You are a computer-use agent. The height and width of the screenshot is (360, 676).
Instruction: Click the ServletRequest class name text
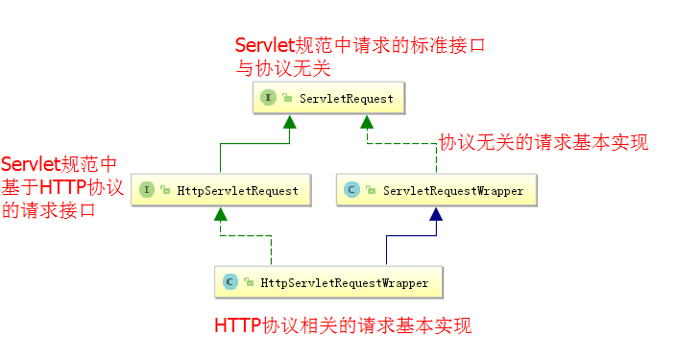pyautogui.click(x=347, y=99)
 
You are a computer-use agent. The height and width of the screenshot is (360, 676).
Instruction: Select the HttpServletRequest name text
pyautogui.click(x=237, y=191)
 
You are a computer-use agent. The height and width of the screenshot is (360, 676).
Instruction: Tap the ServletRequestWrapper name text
pyautogui.click(x=453, y=191)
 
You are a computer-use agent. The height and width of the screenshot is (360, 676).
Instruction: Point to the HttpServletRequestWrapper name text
pyautogui.click(x=345, y=283)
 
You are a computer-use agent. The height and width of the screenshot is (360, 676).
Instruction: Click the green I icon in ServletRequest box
pyautogui.click(x=268, y=97)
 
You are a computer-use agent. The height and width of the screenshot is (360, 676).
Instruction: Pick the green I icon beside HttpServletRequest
pyautogui.click(x=147, y=190)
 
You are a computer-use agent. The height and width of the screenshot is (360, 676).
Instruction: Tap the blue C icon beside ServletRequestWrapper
pyautogui.click(x=351, y=190)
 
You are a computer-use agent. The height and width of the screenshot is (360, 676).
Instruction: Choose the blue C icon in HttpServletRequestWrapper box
pyautogui.click(x=230, y=282)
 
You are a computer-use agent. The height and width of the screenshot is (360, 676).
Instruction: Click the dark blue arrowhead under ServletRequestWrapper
pyautogui.click(x=436, y=214)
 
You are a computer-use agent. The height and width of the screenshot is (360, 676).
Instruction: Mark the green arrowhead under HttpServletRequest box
pyautogui.click(x=220, y=214)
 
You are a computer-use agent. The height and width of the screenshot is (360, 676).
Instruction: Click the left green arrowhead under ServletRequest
pyautogui.click(x=290, y=122)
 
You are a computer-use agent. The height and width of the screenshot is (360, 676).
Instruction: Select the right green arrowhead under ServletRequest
pyautogui.click(x=367, y=122)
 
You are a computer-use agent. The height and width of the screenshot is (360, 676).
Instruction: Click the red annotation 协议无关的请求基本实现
pyautogui.click(x=543, y=142)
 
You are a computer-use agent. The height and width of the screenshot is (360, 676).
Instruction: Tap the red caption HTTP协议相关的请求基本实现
pyautogui.click(x=343, y=325)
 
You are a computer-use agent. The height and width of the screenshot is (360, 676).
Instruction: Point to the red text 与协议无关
pyautogui.click(x=283, y=68)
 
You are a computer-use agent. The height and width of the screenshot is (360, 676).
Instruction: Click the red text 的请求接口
pyautogui.click(x=48, y=211)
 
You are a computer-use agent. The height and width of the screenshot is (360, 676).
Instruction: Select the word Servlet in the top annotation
pyautogui.click(x=265, y=45)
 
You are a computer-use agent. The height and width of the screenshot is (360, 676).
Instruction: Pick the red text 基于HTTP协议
pyautogui.click(x=62, y=187)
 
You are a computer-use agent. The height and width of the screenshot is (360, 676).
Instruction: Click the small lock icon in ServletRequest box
pyautogui.click(x=287, y=98)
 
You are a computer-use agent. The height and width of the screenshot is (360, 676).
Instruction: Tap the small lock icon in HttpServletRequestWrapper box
pyautogui.click(x=249, y=282)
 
